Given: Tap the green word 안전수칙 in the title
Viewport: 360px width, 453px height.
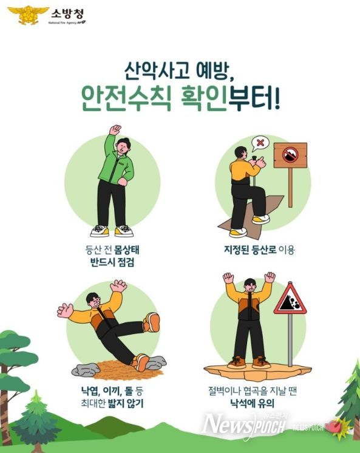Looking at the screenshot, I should coord(132,97).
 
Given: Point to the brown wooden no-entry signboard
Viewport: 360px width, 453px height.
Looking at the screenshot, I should coord(290,155).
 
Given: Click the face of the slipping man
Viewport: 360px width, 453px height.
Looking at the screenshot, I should coord(92,300).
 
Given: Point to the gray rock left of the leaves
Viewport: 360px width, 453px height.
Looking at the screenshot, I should coord(84,369).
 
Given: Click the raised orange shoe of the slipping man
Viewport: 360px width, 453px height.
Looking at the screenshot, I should coord(151,322).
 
